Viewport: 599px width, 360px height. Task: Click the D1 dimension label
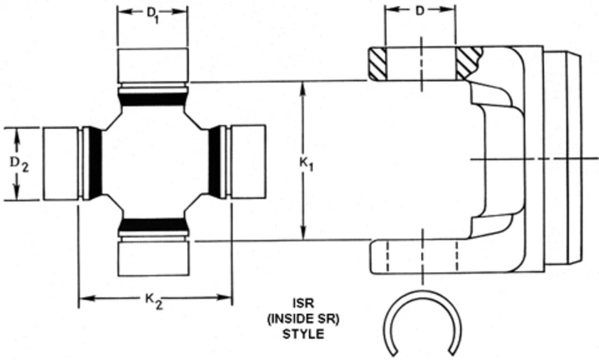pos(153,14)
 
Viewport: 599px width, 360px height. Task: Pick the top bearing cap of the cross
pos(153,63)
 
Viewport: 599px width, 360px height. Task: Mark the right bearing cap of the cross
pos(248,161)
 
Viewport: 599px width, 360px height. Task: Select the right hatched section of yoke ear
pos(467,63)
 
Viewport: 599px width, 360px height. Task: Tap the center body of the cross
pos(153,161)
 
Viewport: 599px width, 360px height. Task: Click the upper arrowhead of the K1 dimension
pos(304,87)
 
